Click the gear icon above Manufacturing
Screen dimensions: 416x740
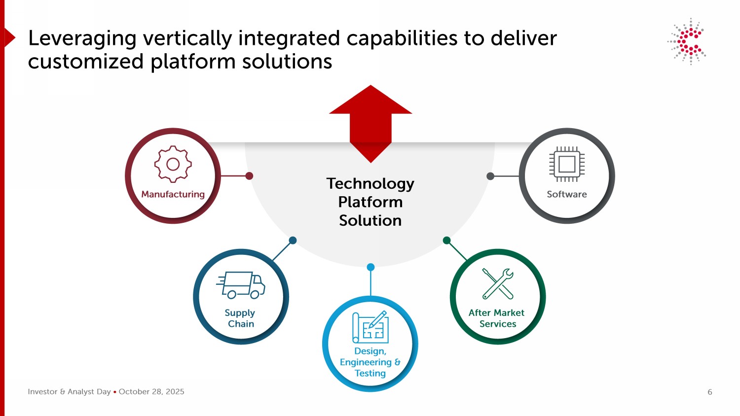click(173, 164)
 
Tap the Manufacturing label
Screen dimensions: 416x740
click(173, 194)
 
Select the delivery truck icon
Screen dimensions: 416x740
click(241, 285)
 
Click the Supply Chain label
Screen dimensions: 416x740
click(240, 318)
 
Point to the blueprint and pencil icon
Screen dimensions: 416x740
click(370, 327)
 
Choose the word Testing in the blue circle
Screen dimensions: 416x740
click(370, 374)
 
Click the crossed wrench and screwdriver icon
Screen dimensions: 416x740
click(498, 283)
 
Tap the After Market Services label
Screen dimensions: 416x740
click(497, 318)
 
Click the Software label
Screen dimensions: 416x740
click(567, 194)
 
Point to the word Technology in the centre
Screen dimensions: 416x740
click(370, 183)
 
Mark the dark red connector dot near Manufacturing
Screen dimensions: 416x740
click(249, 176)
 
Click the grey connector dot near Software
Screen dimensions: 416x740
click(490, 176)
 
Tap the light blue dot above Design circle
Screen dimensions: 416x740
click(370, 267)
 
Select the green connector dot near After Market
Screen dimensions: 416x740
click(447, 241)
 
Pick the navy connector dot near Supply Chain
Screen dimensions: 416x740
click(293, 241)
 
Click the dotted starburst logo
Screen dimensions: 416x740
click(688, 41)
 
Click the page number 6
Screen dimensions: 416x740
click(710, 392)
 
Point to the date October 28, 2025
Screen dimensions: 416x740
click(151, 392)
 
